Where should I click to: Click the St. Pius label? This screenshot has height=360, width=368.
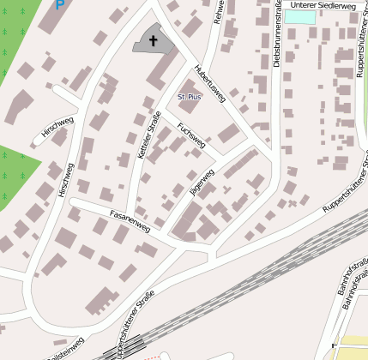(x=189, y=99)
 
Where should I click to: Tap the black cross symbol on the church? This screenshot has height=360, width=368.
(x=154, y=39)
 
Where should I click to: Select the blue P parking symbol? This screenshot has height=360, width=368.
(x=59, y=5)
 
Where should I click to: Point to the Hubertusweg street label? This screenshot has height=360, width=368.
(x=209, y=83)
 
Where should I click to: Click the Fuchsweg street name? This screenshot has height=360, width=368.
(x=191, y=135)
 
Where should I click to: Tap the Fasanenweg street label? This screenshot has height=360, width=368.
(x=130, y=221)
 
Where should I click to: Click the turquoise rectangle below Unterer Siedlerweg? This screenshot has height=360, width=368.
(x=299, y=16)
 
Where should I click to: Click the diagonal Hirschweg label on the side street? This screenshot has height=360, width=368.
(x=57, y=128)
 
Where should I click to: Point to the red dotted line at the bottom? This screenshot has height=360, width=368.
(x=151, y=356)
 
